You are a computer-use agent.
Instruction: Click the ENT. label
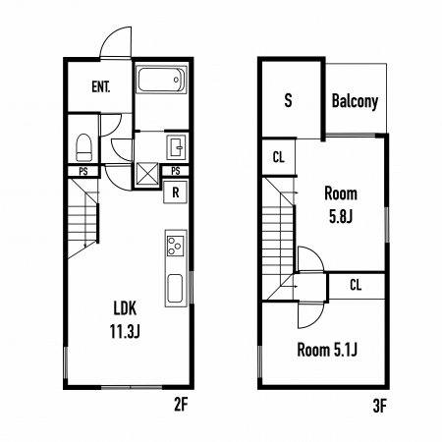coord(101,87)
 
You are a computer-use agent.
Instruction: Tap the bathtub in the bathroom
coord(161,80)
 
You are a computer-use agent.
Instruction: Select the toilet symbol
coord(83,147)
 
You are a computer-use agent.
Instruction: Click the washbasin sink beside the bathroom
coord(176,147)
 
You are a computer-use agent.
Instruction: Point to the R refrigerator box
coord(176,193)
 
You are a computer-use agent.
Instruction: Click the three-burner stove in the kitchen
coord(175,246)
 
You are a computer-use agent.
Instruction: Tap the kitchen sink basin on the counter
coord(175,289)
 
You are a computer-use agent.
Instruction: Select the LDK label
coord(125,308)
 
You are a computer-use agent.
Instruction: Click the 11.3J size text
coord(125,331)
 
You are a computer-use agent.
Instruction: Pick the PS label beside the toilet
coord(83,171)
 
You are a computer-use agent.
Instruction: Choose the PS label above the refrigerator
coord(176,171)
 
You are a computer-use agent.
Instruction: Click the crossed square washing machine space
coord(147,175)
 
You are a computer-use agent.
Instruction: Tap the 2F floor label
coord(181,406)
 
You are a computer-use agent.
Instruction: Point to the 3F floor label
coord(380,407)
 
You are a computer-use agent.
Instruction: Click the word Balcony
coord(355,101)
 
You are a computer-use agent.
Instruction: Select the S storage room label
coord(288,100)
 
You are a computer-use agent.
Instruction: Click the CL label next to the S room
coord(279,157)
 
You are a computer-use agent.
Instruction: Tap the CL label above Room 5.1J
coord(356,285)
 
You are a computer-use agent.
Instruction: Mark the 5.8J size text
coord(341,216)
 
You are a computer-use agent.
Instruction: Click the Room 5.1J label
coord(327,350)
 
